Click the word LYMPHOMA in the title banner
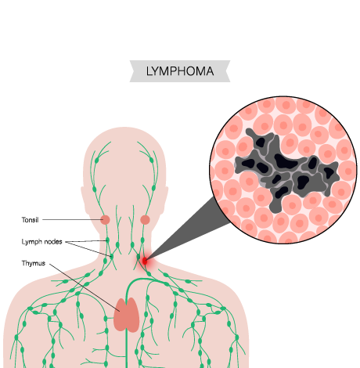point(180,71)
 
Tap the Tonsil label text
point(30,220)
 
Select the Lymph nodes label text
point(41,242)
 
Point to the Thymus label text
point(34,263)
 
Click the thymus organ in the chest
point(126,315)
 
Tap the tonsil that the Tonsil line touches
point(106,220)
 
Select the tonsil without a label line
point(145,220)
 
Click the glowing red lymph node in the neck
point(145,261)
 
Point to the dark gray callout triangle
point(188,229)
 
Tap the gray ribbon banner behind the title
point(180,71)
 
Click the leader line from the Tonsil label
point(73,220)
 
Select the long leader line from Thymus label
point(85,287)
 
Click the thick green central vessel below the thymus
point(127,350)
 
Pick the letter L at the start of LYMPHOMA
point(149,71)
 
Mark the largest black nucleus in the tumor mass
point(285,161)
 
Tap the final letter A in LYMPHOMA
point(210,71)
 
